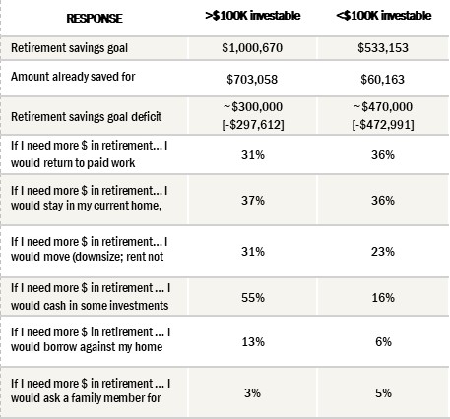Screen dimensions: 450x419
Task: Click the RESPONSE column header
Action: tap(95, 18)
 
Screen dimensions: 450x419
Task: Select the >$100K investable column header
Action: tap(252, 16)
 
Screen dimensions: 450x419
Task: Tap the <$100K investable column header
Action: tap(383, 16)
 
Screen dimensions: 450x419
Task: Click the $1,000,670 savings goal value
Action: tap(252, 48)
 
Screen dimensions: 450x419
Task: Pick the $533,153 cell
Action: tap(383, 48)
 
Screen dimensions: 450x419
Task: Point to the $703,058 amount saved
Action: tap(252, 79)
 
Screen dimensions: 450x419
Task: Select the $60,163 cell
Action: tap(382, 79)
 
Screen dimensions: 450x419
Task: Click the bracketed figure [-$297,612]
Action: tap(253, 125)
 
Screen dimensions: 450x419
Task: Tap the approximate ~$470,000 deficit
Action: tap(383, 107)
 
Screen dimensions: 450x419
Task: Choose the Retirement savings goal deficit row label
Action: tap(86, 116)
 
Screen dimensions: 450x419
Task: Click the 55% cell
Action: tap(253, 298)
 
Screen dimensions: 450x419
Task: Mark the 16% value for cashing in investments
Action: tap(383, 298)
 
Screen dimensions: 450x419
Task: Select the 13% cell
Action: tap(253, 342)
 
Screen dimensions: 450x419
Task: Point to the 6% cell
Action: tap(383, 342)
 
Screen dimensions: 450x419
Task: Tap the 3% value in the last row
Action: tap(252, 392)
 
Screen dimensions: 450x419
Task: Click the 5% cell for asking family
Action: tap(383, 392)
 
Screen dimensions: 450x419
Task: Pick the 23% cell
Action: tap(383, 252)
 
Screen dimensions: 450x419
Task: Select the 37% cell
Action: tap(253, 200)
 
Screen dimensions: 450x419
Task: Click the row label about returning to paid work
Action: tap(90, 154)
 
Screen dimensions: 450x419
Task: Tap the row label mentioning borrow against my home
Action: tap(91, 339)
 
